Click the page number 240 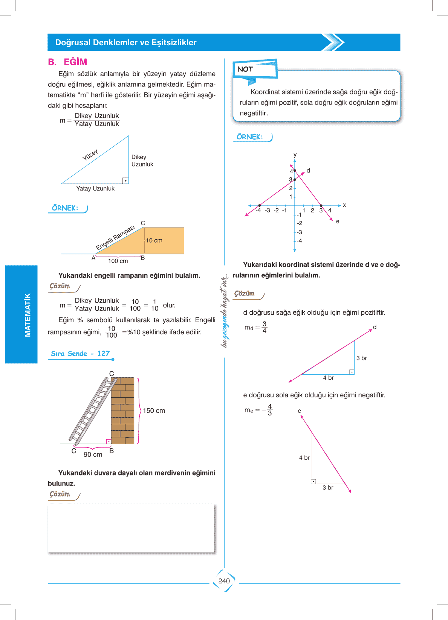[224, 581]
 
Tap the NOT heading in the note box [245, 69]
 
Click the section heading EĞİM [75, 62]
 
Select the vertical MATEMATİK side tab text [28, 315]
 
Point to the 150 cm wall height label [154, 411]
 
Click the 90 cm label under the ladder [93, 454]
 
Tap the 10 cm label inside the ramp [154, 240]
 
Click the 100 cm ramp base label [118, 261]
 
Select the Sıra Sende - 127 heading [80, 354]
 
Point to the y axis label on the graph [295, 155]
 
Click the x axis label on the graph [344, 205]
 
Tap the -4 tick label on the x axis [258, 210]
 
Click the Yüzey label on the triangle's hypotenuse [90, 154]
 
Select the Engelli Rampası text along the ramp [115, 238]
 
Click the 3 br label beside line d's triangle [361, 358]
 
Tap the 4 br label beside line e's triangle [304, 458]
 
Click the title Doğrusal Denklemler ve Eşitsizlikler [126, 43]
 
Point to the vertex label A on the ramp [93, 258]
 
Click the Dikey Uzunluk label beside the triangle [142, 161]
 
